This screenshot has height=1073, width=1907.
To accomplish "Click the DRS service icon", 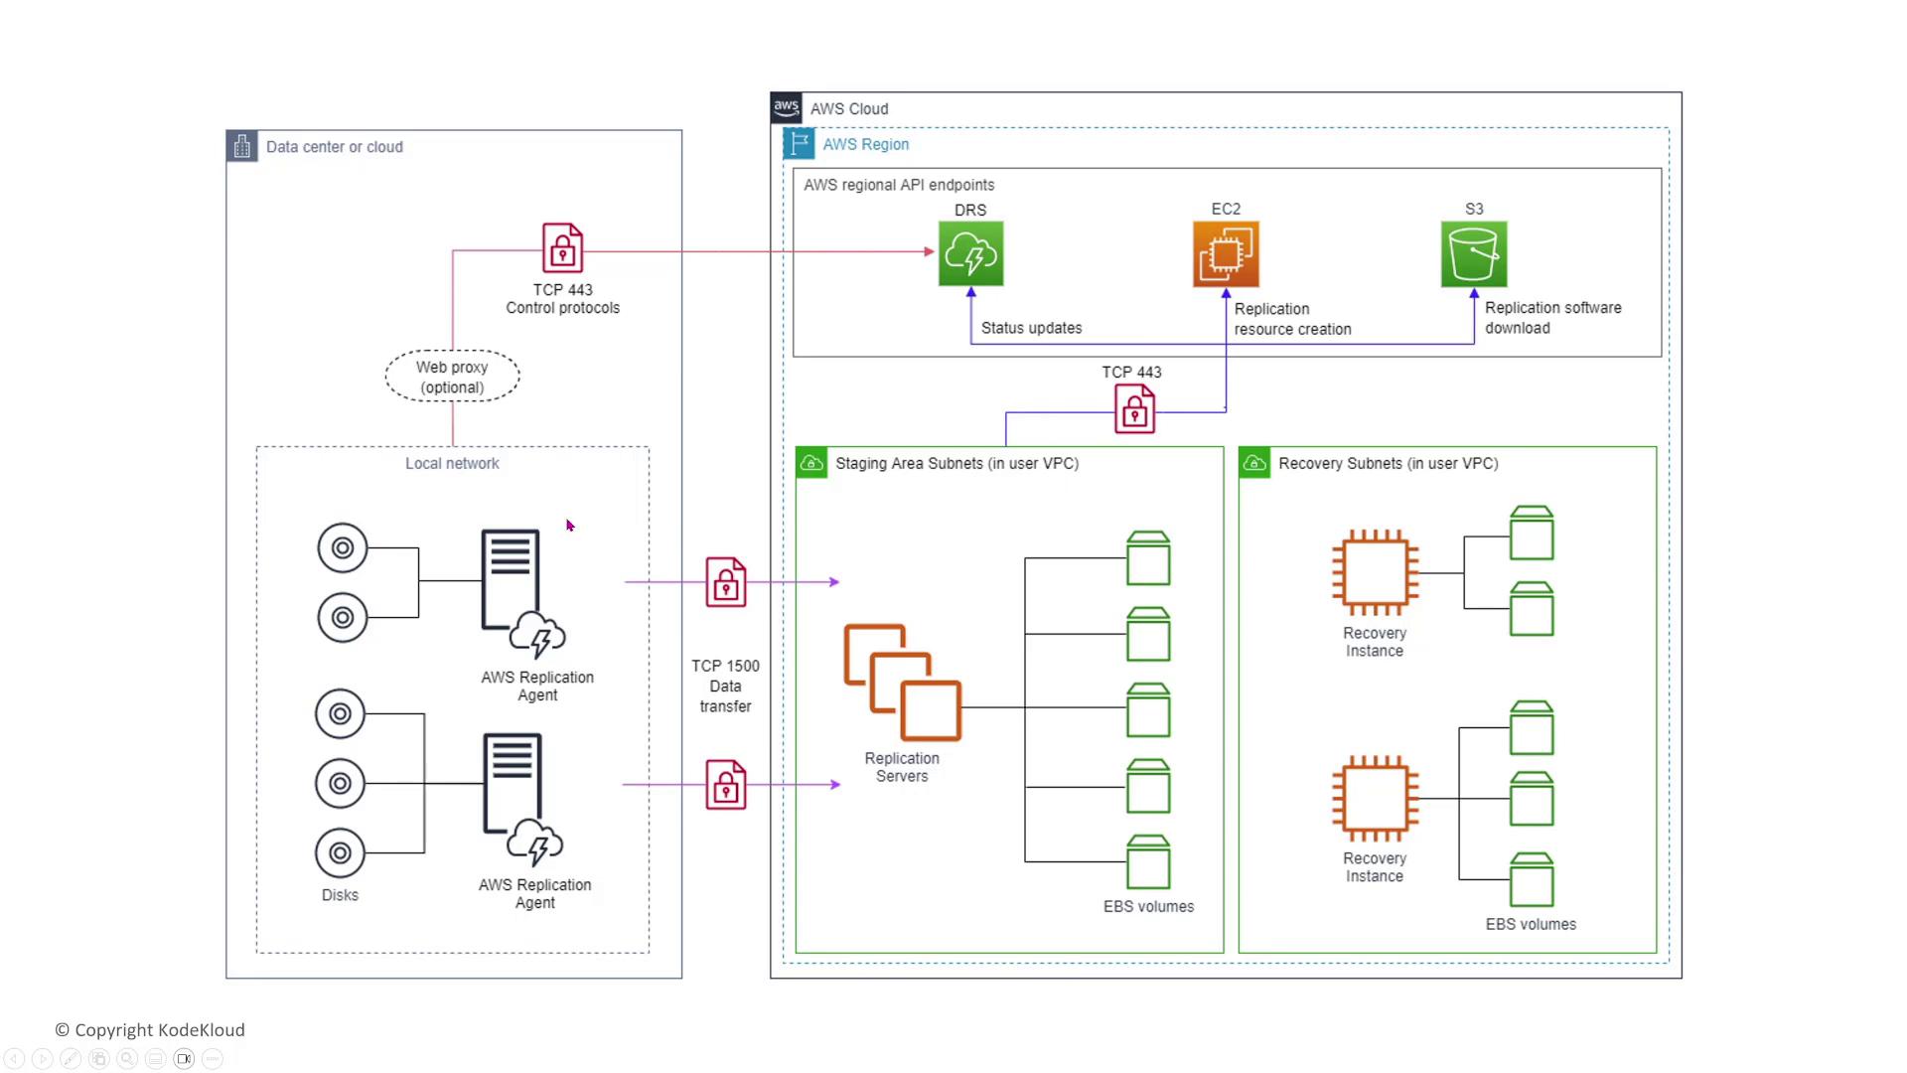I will point(970,254).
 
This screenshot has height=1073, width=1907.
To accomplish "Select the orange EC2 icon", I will point(1226,254).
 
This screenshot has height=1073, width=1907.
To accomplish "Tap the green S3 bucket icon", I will point(1474,254).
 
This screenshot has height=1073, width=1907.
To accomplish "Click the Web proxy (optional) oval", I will point(452,377).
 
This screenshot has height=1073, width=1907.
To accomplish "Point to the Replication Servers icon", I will point(902,683).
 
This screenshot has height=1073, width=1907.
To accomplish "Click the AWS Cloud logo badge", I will point(786,107).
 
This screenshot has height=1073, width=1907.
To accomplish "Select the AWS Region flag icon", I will point(799,144).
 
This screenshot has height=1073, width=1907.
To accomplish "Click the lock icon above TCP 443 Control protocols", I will point(562,247).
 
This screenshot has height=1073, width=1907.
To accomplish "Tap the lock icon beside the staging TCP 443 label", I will point(1134,408).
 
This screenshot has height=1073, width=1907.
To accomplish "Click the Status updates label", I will point(1031,328).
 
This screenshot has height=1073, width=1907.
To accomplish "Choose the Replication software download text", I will point(1552,318).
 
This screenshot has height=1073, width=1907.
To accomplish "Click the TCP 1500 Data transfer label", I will point(725,686).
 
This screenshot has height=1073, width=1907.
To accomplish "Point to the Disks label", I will point(340,895).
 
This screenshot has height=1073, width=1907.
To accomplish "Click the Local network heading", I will point(452,464).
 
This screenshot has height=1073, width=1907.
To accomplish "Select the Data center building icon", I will point(242,147).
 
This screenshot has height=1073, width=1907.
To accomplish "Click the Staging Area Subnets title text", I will point(956,464).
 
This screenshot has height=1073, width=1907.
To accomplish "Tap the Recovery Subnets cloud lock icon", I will point(1254,463).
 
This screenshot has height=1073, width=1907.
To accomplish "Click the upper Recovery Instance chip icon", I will point(1375,572).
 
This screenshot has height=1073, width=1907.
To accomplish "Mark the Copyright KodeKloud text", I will point(150,1030).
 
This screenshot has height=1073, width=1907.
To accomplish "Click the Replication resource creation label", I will point(1292,319).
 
